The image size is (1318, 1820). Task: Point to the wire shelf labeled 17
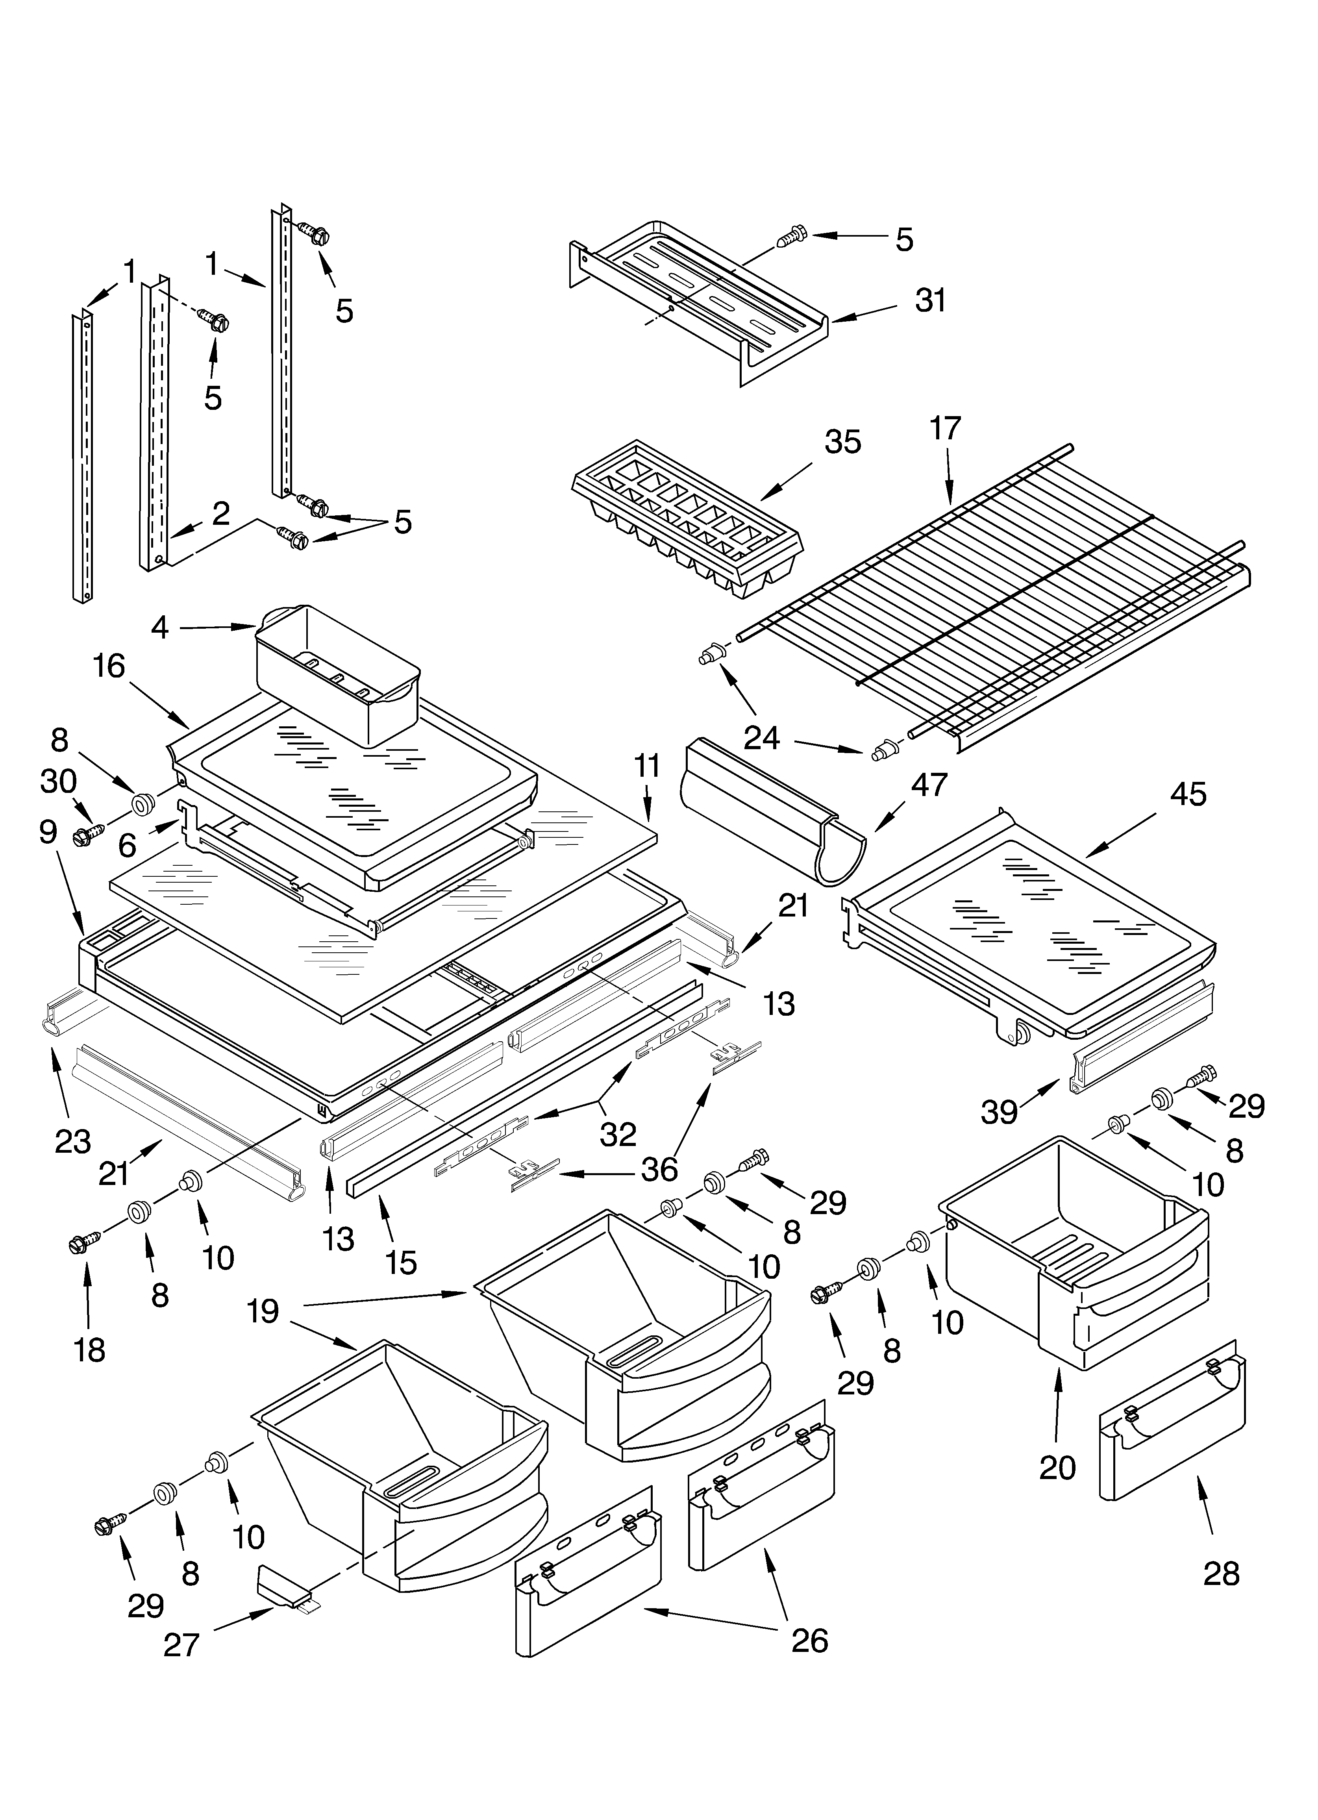point(1003,610)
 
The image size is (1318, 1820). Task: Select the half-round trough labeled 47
point(770,811)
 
